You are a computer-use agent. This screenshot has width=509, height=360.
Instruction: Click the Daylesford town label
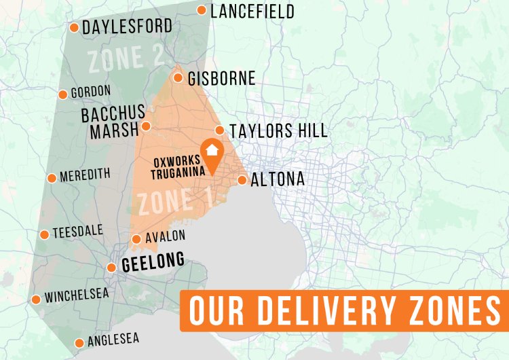click(127, 28)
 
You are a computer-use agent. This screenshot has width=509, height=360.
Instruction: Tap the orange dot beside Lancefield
click(202, 10)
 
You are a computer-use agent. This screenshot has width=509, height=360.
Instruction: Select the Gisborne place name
click(223, 79)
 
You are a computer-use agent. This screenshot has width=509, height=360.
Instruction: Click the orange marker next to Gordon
click(62, 94)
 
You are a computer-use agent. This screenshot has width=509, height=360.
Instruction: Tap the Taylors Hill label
click(278, 130)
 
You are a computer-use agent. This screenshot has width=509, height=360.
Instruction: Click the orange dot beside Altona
click(242, 180)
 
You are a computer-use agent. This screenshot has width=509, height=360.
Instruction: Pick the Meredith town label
click(85, 175)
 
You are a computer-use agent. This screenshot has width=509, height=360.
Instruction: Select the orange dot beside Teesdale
click(44, 234)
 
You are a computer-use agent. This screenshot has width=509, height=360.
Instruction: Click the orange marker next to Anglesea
click(79, 343)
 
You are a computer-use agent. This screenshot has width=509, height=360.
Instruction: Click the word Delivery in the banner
click(329, 311)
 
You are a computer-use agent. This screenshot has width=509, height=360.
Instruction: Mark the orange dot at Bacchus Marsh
click(145, 126)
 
